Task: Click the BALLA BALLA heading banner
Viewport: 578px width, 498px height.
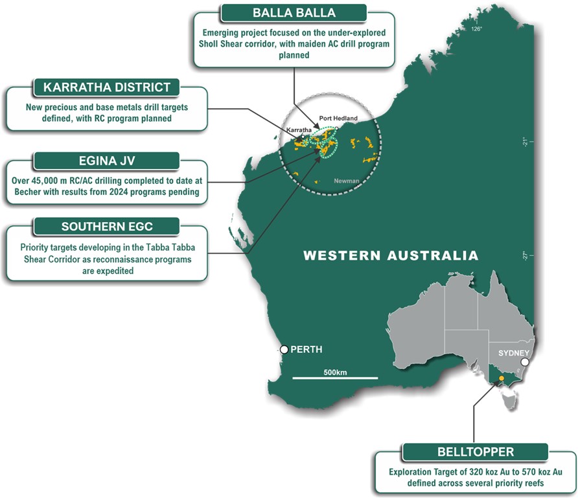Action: tap(294, 13)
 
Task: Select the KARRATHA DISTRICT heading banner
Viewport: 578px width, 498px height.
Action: tap(108, 87)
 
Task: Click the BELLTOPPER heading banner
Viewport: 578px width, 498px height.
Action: tap(476, 451)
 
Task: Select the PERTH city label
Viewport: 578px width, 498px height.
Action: tap(306, 350)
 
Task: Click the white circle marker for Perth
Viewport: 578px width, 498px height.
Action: tap(284, 350)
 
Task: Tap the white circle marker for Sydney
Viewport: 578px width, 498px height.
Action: tap(525, 363)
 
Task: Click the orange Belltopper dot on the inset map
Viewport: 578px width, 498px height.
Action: tap(500, 377)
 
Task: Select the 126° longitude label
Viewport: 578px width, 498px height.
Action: tap(477, 29)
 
